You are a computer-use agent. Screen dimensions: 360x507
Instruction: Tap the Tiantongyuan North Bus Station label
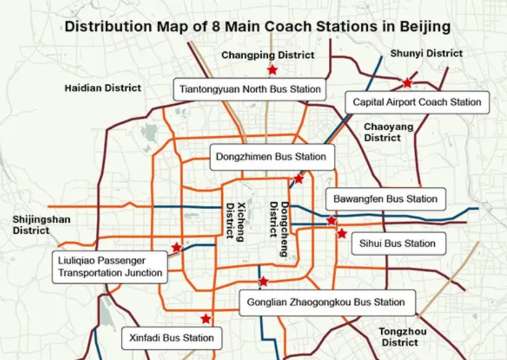pos(250,89)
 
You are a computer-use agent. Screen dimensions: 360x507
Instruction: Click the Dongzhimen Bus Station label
pos(270,156)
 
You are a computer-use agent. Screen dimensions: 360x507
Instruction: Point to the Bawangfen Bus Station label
pos(385,199)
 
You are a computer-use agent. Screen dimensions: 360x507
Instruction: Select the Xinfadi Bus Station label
pos(172,339)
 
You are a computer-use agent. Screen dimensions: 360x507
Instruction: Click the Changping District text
pos(262,55)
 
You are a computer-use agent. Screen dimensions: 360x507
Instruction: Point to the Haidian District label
pos(102,88)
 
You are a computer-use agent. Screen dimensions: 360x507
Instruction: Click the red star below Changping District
pos(271,70)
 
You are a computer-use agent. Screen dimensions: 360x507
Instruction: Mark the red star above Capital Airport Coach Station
pos(407,84)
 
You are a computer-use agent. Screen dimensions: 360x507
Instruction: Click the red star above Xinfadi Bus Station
pos(205,319)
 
